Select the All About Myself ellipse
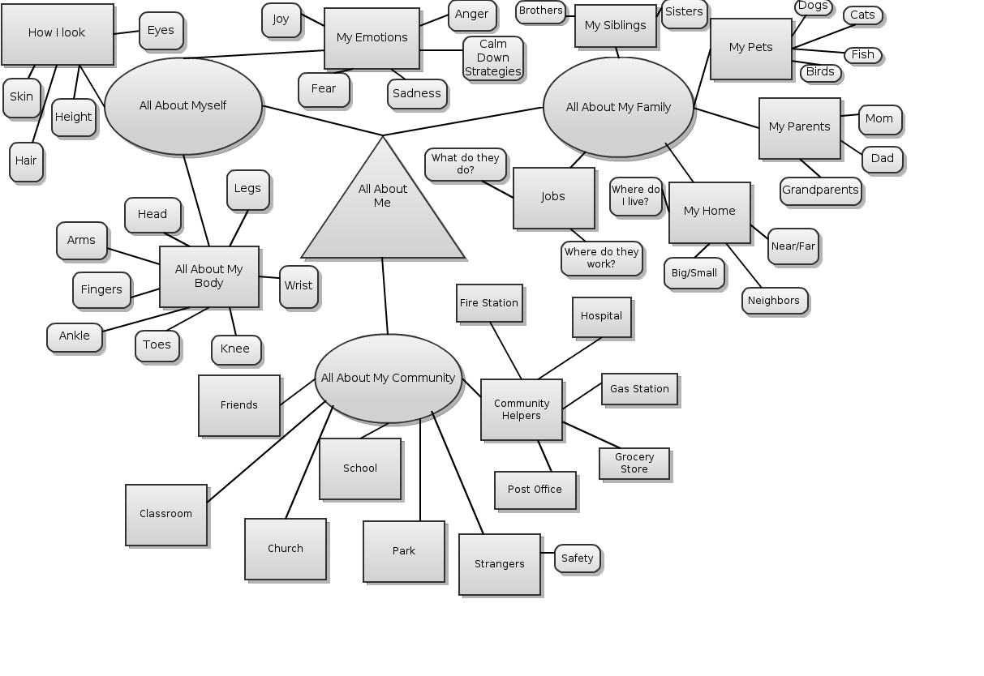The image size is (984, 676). (x=183, y=105)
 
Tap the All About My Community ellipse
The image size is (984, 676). (x=388, y=378)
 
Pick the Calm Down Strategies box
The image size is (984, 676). (x=493, y=58)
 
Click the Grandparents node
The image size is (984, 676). (x=820, y=190)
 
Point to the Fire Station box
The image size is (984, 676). (x=489, y=303)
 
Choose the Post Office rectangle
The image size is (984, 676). (x=535, y=490)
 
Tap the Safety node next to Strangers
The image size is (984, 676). (x=577, y=558)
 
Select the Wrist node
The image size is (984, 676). (x=299, y=286)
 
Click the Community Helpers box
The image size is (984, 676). (x=522, y=409)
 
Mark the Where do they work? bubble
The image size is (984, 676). (x=601, y=258)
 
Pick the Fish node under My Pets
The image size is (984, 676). (x=862, y=55)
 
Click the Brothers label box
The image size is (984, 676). (x=540, y=11)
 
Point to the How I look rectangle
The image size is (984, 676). (x=57, y=33)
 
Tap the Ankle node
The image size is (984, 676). (x=75, y=336)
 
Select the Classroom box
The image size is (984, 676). (x=166, y=514)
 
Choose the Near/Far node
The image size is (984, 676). (x=793, y=246)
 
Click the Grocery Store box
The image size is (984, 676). (x=634, y=463)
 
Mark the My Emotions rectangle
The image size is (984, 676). (x=372, y=38)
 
